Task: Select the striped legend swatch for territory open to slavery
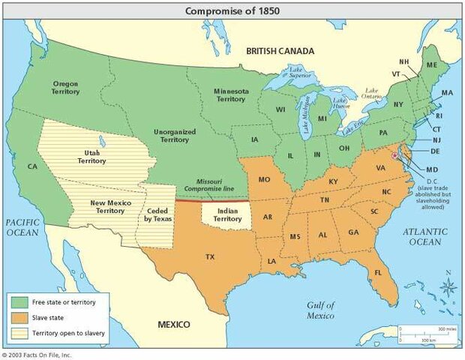[x=19, y=331]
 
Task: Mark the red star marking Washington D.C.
[x=395, y=155]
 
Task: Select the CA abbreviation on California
[x=32, y=166]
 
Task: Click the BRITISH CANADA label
[x=281, y=51]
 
